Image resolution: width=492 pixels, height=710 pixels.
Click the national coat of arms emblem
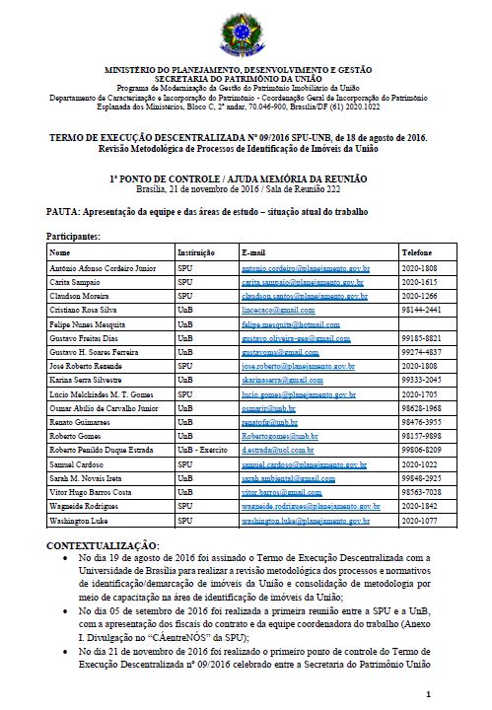[246, 31]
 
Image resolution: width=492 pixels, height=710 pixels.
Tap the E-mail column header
[254, 252]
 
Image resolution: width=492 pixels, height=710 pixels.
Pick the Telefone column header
[419, 252]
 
